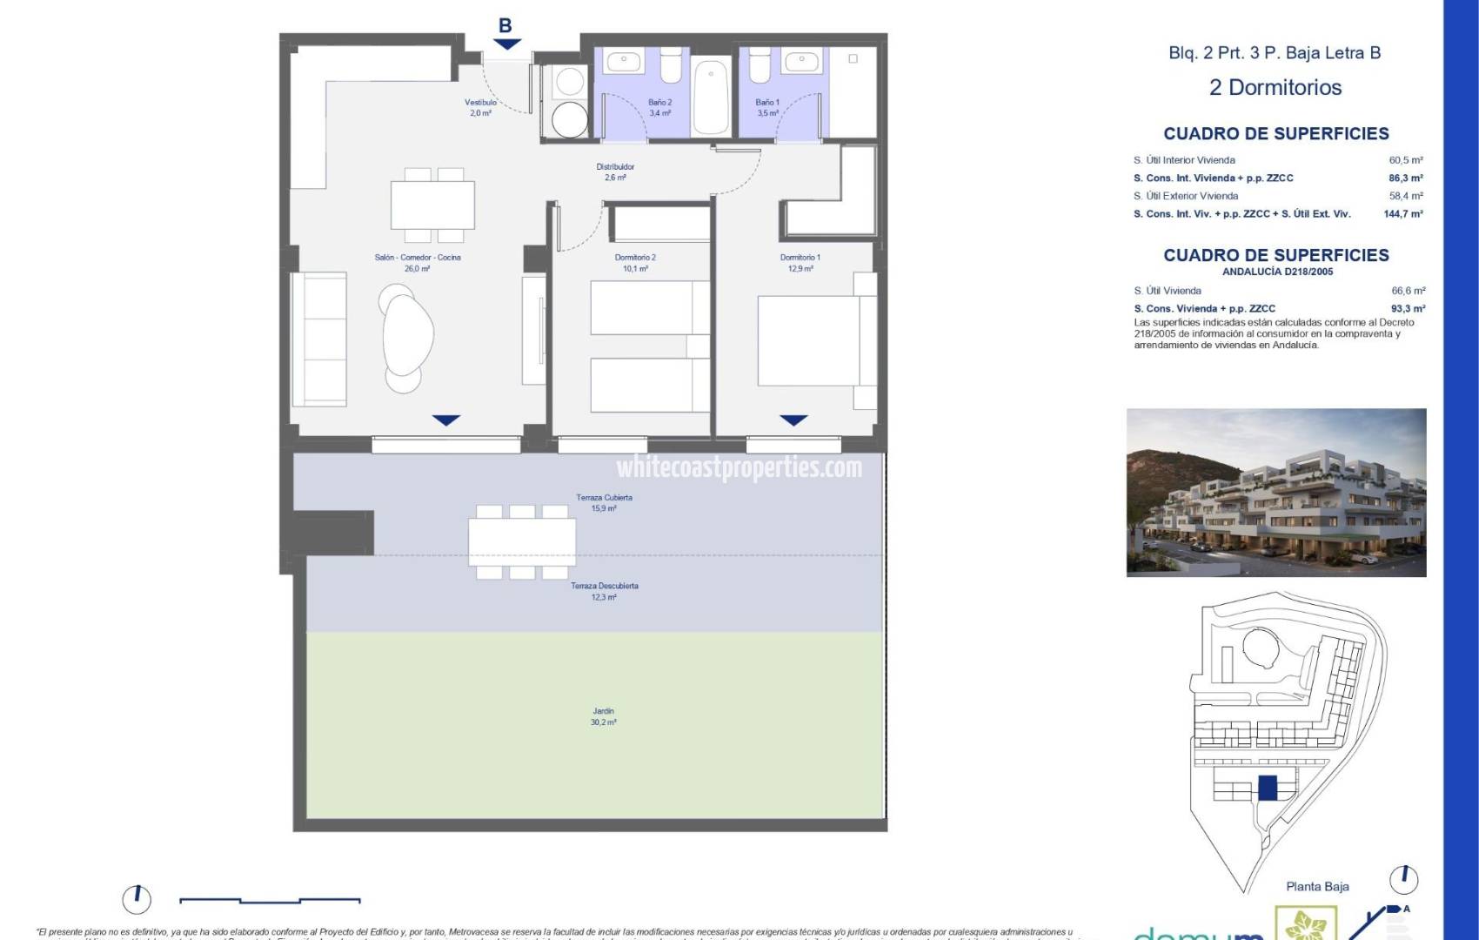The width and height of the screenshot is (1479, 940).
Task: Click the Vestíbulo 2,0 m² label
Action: click(x=480, y=107)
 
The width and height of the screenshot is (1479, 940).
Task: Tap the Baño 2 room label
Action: click(x=659, y=107)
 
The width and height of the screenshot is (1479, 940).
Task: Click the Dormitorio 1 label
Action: click(x=800, y=262)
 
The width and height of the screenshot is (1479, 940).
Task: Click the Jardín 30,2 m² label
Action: click(x=603, y=716)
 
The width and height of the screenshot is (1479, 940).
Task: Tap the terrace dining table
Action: click(x=522, y=541)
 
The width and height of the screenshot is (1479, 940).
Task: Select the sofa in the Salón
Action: click(x=318, y=339)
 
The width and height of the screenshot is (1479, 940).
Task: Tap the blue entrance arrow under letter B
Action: click(x=505, y=44)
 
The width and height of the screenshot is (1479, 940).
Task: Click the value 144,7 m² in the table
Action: click(x=1403, y=213)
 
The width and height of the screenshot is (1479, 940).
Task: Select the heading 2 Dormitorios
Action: click(x=1275, y=87)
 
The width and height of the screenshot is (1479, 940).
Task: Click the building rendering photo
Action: click(x=1275, y=492)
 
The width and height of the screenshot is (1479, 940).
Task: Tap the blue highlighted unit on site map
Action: click(x=1268, y=788)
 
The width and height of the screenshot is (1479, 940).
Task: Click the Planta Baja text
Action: click(x=1317, y=886)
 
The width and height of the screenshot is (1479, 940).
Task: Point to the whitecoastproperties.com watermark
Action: click(x=739, y=467)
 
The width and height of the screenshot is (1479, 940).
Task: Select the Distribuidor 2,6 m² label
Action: click(x=615, y=171)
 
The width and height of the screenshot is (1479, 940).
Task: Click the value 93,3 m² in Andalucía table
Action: click(x=1407, y=308)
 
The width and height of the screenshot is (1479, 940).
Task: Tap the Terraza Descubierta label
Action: click(x=604, y=591)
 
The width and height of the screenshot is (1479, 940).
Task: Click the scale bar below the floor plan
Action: click(x=270, y=900)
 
